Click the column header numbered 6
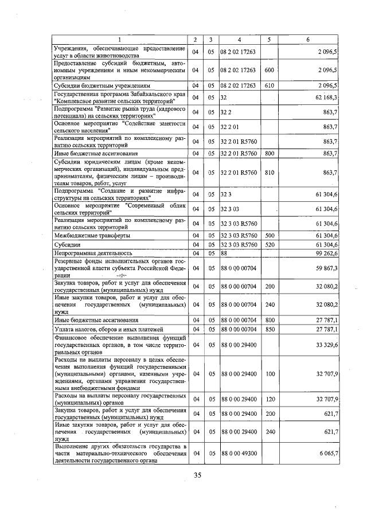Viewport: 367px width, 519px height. pyautogui.click(x=308, y=39)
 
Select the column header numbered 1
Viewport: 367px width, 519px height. pyautogui.click(x=120, y=39)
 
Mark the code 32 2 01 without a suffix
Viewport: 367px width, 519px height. pyautogui.click(x=231, y=126)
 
